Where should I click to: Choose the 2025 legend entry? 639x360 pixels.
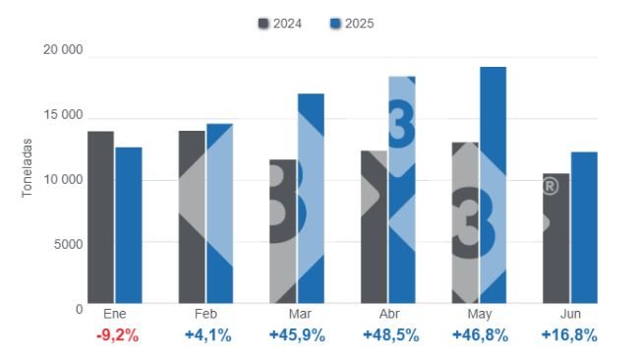pos(353,23)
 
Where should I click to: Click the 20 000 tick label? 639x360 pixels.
pos(63,51)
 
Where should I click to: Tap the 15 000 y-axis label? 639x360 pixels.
pos(63,116)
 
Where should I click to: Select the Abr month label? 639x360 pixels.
pos(389,315)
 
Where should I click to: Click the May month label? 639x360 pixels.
pos(480,315)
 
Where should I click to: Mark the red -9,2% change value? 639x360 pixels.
pos(116,335)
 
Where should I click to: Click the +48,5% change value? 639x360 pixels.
pos(389,335)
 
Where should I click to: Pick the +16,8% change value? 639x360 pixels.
pos(569,335)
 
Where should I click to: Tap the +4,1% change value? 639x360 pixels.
pos(207,335)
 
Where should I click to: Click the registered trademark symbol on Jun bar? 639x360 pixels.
pos(551,185)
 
